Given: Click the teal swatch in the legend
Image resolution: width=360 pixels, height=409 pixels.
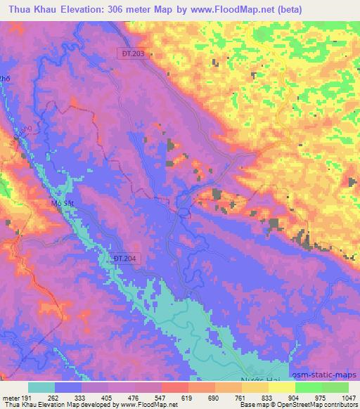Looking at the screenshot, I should point(41,387).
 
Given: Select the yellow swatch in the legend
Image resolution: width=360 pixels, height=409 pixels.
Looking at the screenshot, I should point(281,387).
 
